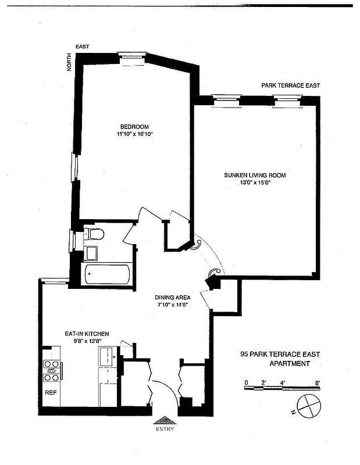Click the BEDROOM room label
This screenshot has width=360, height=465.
(134, 127)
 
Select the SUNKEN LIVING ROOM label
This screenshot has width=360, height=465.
(255, 175)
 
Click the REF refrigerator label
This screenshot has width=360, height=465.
(51, 392)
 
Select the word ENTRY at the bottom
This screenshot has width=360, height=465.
(165, 430)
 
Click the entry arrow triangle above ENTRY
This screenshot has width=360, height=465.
(165, 420)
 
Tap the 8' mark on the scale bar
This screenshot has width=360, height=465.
(318, 382)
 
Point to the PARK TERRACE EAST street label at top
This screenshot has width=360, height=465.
(290, 85)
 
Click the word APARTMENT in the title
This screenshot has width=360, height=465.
(289, 364)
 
